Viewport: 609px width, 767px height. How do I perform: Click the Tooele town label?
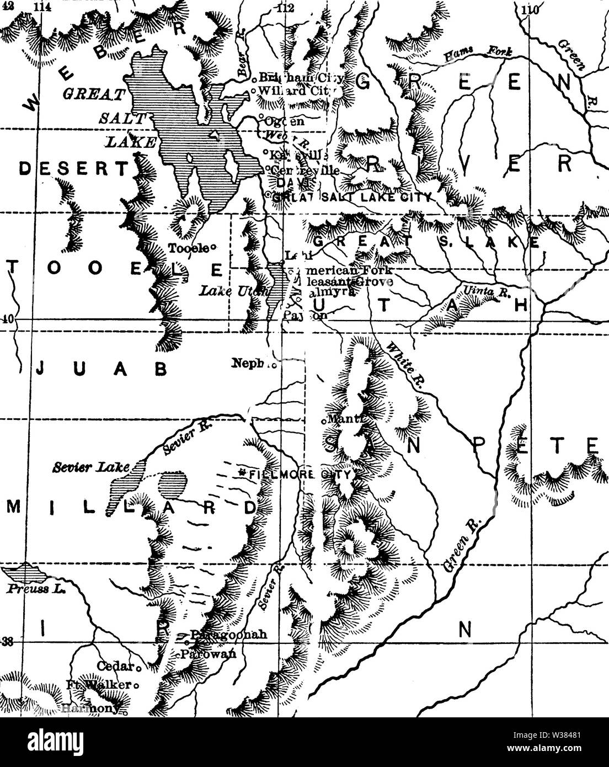tap(187, 248)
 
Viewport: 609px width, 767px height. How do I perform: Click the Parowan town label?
tap(208, 654)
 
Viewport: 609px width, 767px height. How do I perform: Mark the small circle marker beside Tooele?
tap(212, 248)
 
